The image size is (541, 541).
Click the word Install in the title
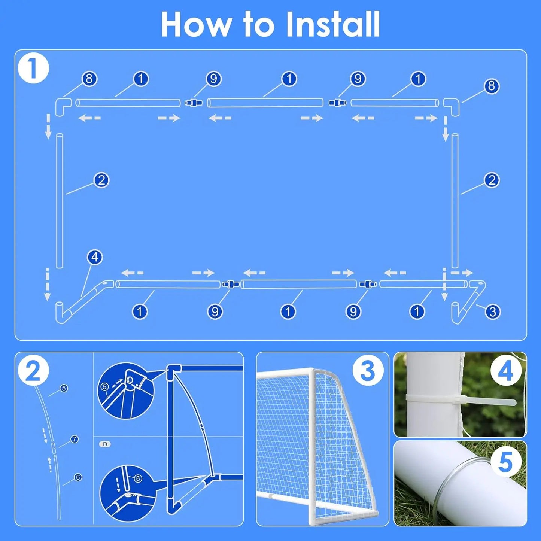(332, 25)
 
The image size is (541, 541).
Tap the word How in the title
(196, 25)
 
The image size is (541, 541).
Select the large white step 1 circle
(33, 68)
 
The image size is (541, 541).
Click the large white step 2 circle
(33, 370)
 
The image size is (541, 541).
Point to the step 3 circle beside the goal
(368, 370)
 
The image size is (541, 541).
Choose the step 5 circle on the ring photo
(505, 461)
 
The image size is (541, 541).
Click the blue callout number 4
(95, 257)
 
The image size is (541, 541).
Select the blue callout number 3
(492, 311)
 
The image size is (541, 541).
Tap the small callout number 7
(75, 439)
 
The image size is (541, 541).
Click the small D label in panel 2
(105, 444)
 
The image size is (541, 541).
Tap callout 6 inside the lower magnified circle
(138, 478)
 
